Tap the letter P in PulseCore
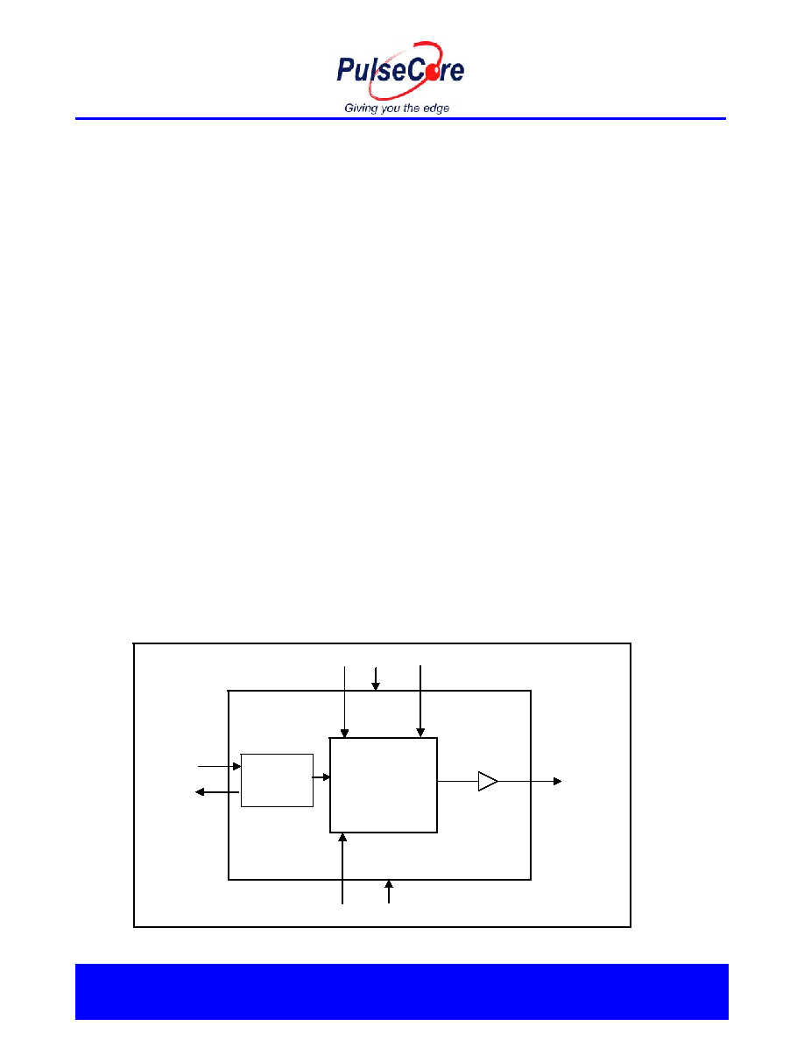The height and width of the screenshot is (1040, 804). [345, 70]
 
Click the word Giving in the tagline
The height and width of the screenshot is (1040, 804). [361, 108]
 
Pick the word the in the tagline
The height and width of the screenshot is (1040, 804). [412, 108]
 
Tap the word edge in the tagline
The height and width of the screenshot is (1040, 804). [436, 108]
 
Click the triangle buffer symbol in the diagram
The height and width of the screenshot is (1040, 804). [488, 782]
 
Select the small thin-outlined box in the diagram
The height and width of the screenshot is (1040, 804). [277, 781]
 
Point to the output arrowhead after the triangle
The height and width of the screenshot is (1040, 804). [558, 782]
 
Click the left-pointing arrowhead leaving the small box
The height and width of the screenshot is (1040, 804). [199, 792]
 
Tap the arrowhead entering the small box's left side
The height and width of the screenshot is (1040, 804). [236, 767]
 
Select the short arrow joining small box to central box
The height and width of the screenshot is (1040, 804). [321, 776]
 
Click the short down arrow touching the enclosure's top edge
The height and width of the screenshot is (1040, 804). [376, 678]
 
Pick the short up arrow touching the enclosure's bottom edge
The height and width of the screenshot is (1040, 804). [389, 891]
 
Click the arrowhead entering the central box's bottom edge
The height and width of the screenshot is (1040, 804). [342, 838]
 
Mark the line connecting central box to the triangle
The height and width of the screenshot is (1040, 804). [458, 782]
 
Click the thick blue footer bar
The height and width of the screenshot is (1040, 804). [401, 992]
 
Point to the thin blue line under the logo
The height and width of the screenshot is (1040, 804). [400, 119]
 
